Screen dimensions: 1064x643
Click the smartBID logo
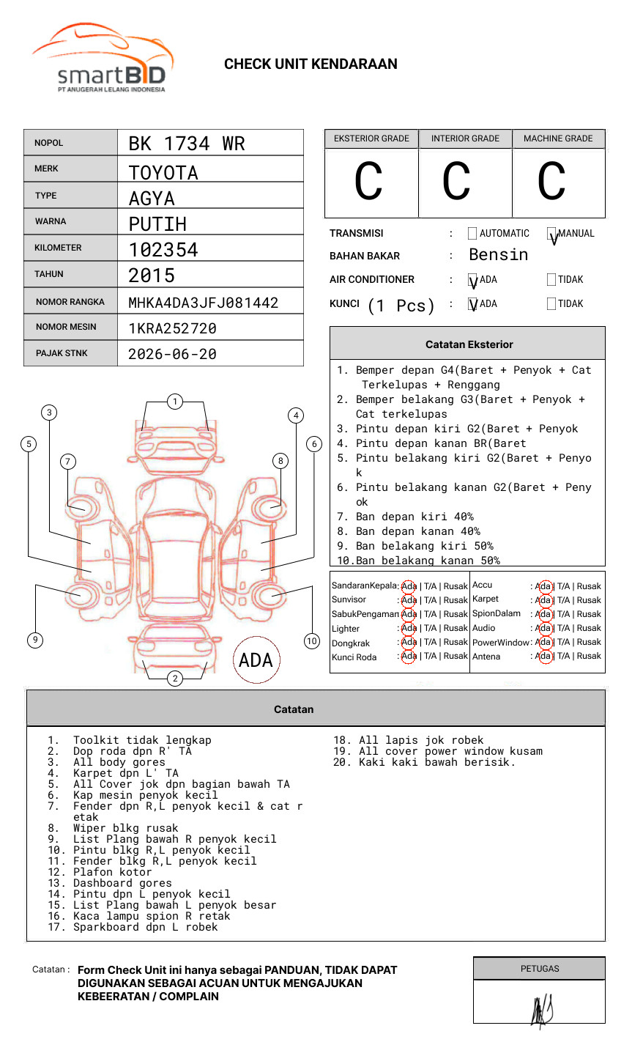(x=103, y=59)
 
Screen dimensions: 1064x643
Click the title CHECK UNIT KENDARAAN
(x=311, y=64)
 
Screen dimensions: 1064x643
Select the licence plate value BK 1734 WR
(x=187, y=144)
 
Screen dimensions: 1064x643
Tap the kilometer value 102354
(x=163, y=250)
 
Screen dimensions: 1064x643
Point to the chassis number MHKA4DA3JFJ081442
(x=204, y=303)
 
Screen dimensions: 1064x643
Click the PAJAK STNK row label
(x=62, y=353)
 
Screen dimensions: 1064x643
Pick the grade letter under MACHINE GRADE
(x=551, y=182)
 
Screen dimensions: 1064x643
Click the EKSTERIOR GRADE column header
(x=371, y=138)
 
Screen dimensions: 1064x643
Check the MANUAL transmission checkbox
(x=552, y=234)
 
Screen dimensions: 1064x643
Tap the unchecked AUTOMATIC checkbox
(x=472, y=234)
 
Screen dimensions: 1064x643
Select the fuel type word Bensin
(x=498, y=255)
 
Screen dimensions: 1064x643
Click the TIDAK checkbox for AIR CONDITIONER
(x=551, y=280)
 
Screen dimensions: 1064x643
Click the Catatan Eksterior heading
(x=469, y=344)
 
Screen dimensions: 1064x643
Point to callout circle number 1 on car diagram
(x=174, y=402)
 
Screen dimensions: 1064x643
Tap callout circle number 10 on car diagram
(x=312, y=641)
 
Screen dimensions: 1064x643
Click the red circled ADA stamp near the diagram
(x=256, y=660)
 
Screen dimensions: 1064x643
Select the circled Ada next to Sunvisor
(x=409, y=600)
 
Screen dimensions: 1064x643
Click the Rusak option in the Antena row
(x=589, y=656)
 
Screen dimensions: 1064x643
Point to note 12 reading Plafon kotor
(x=112, y=872)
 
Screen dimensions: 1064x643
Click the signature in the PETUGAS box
(x=541, y=1011)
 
